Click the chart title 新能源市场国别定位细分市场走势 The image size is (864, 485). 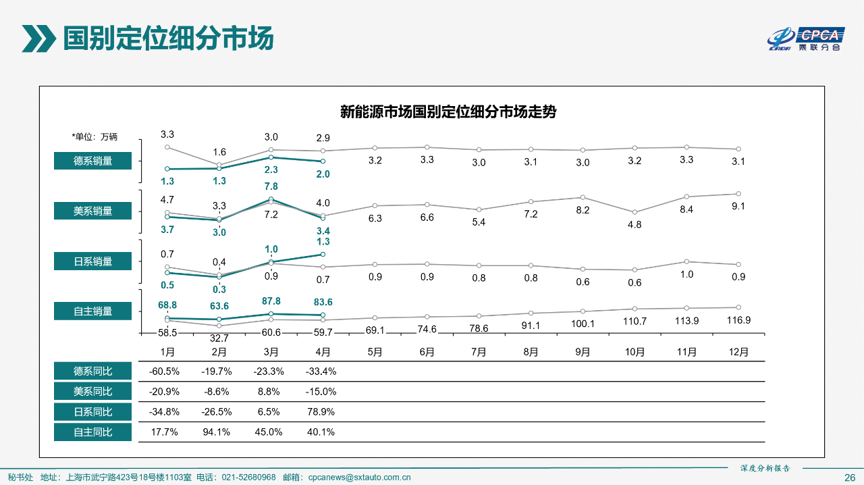coord(448,112)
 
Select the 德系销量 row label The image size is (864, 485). coord(93,161)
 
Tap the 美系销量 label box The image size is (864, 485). coord(93,211)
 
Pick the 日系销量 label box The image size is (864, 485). coord(93,261)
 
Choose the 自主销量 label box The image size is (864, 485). coord(93,311)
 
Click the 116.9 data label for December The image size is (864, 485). coord(738,320)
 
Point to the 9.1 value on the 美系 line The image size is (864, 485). coord(738,206)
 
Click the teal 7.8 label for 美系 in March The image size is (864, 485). coord(271,186)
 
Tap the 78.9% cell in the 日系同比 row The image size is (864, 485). coord(322,412)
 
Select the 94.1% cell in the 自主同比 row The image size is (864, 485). coord(217,432)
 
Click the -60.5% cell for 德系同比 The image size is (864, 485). coord(164,372)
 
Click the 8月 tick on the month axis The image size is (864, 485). coord(531,352)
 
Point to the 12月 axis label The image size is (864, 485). coord(738,352)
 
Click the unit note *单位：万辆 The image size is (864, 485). coord(94,136)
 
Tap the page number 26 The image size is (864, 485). coord(850,478)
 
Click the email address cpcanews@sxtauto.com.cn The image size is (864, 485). coord(359,478)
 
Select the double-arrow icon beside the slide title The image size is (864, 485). coord(38,39)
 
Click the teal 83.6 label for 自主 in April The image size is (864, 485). coord(322,303)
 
